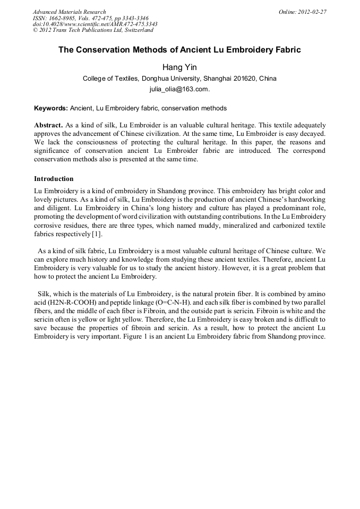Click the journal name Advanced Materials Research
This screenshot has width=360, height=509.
point(69,12)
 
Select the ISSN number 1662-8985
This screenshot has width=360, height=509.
point(63,18)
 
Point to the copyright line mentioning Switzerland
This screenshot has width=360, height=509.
point(93,30)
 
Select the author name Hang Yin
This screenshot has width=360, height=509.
point(179,67)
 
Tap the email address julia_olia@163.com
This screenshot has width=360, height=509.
point(179,89)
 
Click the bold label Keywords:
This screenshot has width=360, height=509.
point(51,108)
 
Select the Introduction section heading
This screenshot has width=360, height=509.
point(54,179)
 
